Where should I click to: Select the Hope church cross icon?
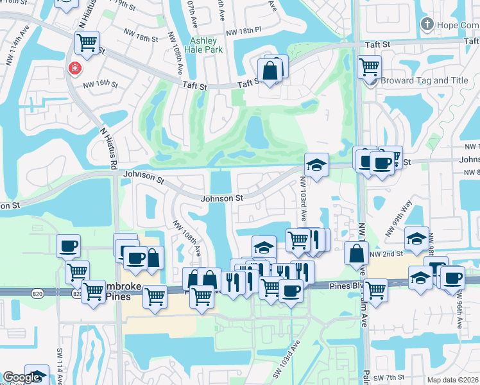426,24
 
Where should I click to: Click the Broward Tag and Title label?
424,81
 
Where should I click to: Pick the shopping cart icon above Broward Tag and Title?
369,65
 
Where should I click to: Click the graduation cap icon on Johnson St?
316,165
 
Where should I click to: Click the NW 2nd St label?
386,254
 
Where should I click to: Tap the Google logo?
21,377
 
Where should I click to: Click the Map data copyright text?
452,379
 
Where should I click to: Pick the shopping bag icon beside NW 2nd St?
356,253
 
